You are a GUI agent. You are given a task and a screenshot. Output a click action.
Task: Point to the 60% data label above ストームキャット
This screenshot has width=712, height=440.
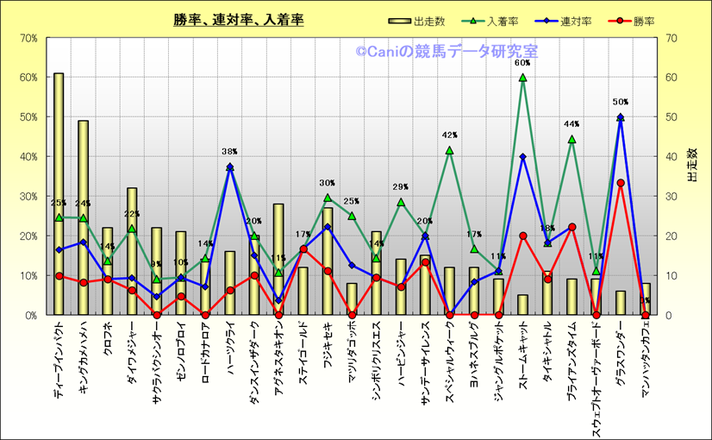(522, 63)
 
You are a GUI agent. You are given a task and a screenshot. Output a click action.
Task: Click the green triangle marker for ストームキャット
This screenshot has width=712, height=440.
(522, 78)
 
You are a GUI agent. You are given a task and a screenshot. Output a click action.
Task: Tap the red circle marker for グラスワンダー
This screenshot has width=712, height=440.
(621, 183)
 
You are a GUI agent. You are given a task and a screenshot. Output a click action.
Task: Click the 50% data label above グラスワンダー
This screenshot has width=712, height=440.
(621, 103)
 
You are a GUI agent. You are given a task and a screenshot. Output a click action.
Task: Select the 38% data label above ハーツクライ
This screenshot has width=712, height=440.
(229, 152)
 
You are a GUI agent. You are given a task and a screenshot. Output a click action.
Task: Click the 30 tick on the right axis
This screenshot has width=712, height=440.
(670, 197)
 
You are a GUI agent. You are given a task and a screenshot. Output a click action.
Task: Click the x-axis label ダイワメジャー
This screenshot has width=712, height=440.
(132, 353)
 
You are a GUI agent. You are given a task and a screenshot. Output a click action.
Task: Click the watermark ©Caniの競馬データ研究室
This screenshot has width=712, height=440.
(447, 53)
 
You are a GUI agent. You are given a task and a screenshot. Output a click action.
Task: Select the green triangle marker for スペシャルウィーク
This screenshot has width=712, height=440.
(449, 150)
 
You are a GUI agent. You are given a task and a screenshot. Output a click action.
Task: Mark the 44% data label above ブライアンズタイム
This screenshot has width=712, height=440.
(571, 124)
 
